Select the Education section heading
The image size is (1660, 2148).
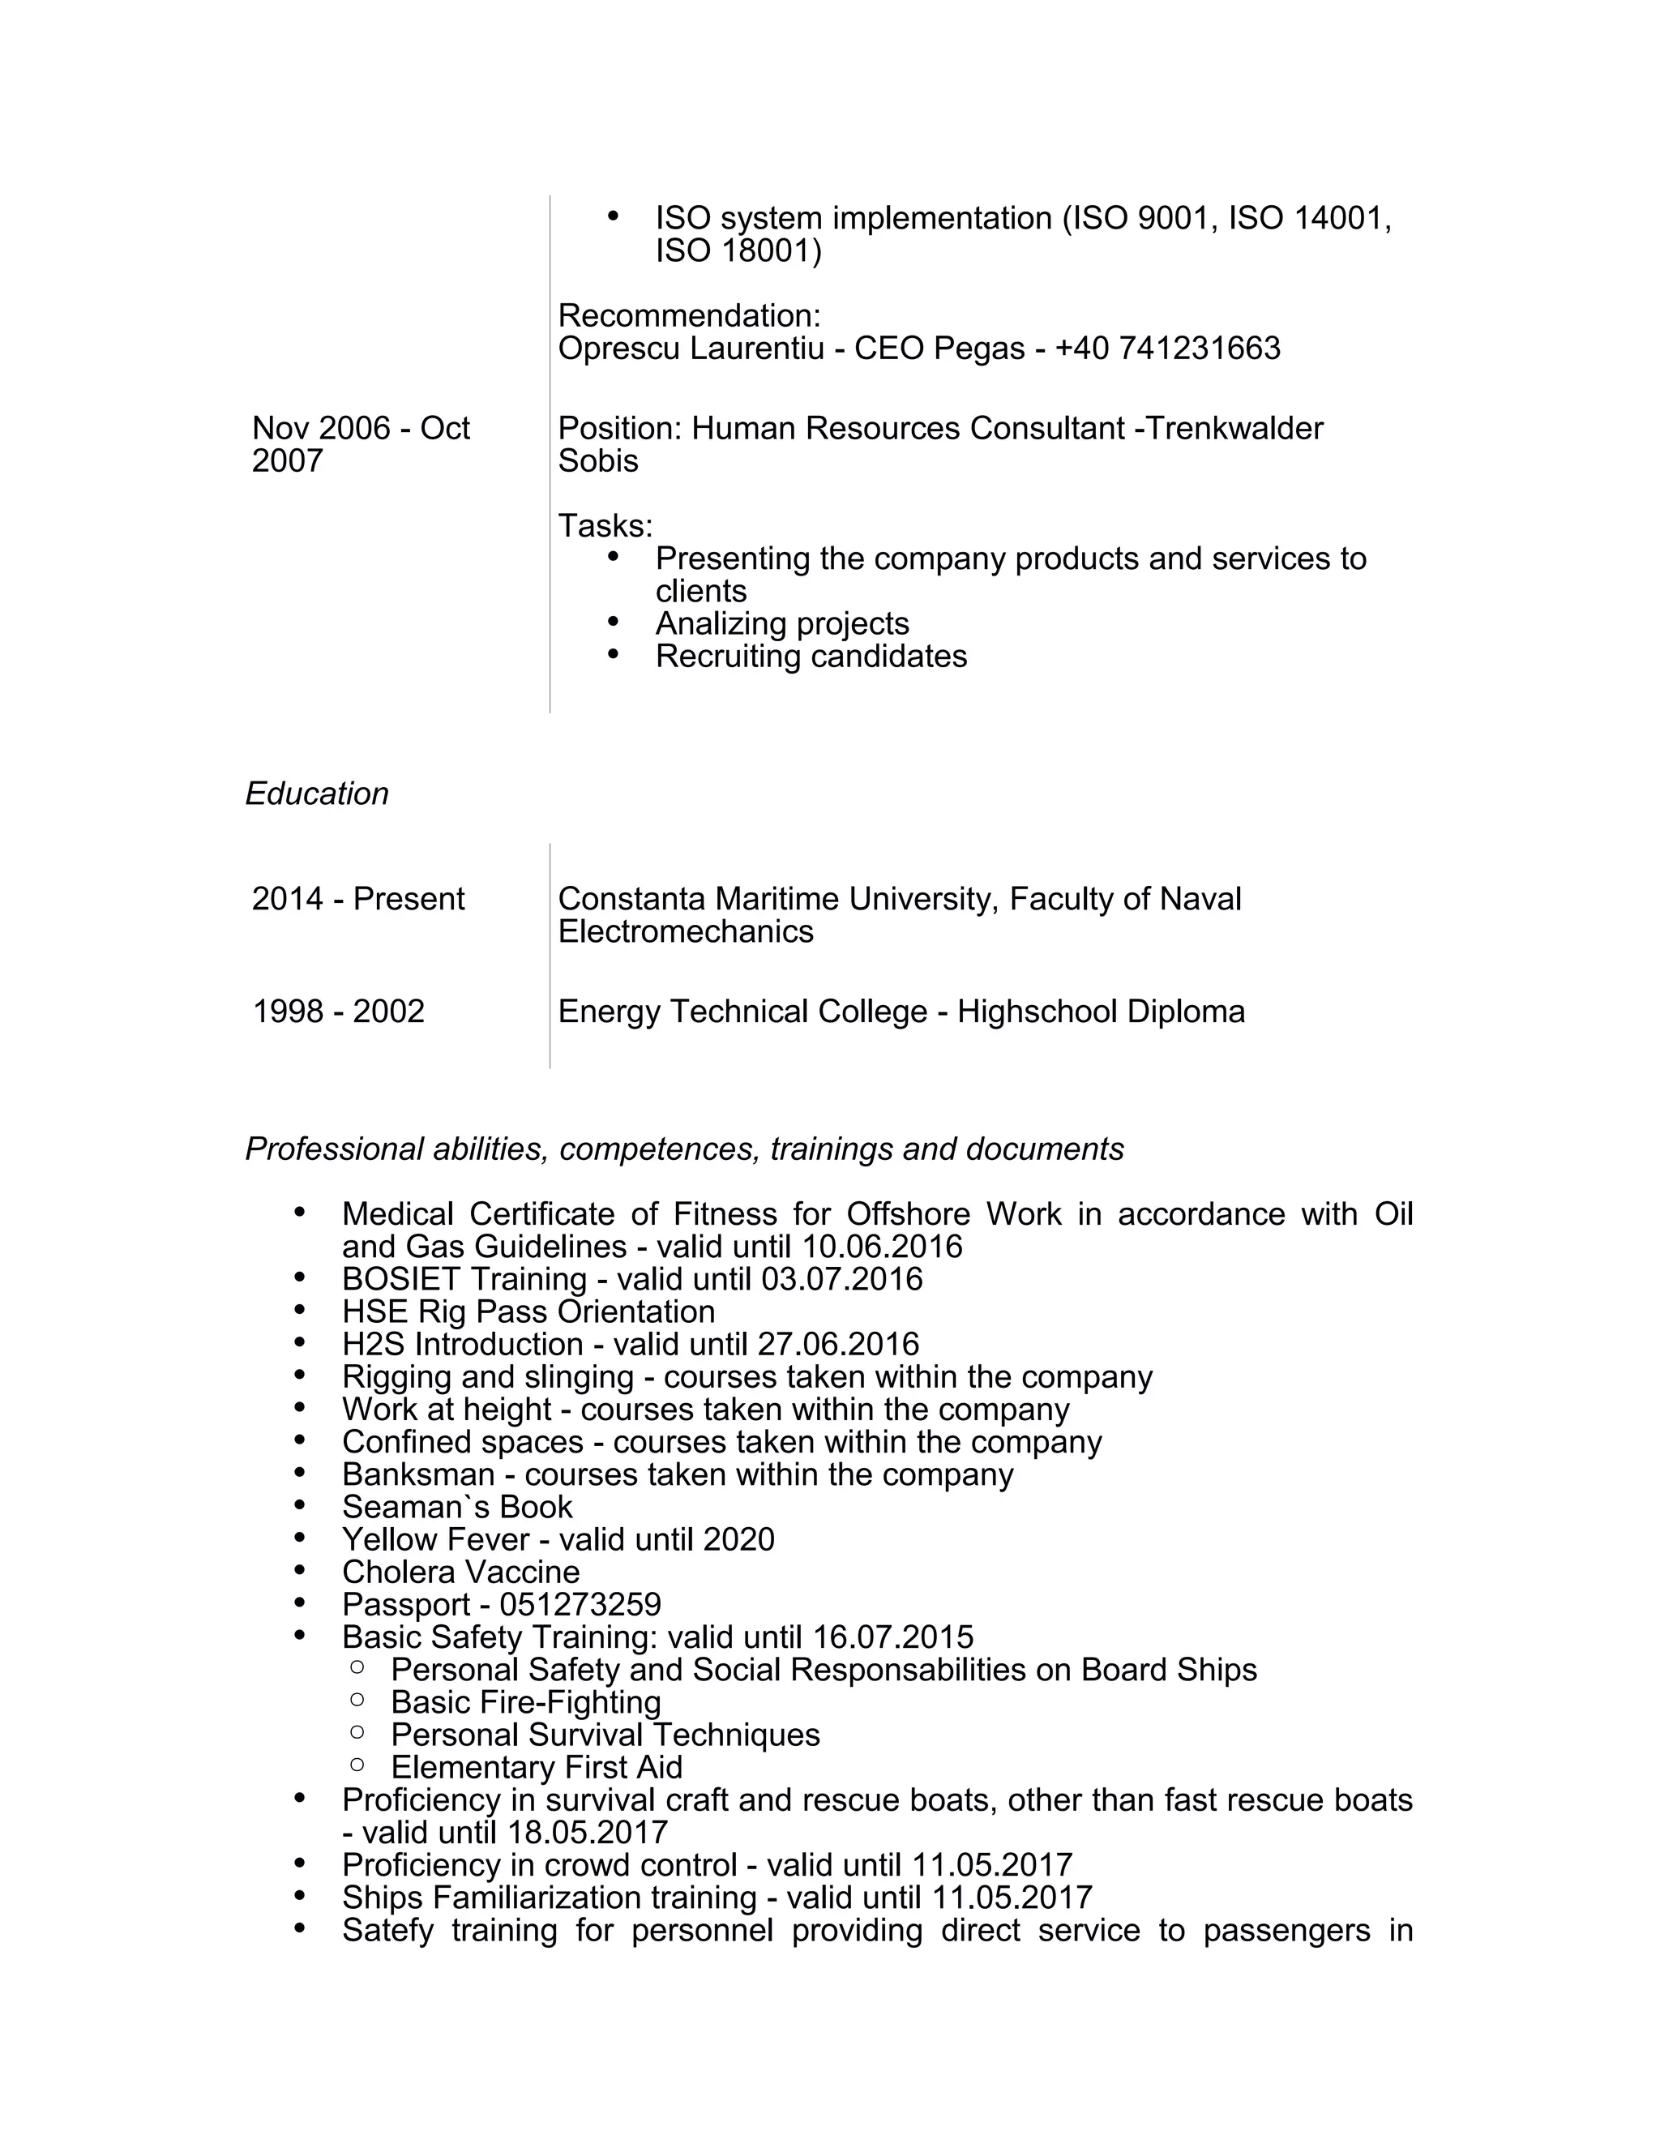tap(317, 794)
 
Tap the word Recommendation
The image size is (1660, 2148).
tap(687, 315)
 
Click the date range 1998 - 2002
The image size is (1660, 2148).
tap(338, 1011)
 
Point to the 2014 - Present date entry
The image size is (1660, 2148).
tap(358, 898)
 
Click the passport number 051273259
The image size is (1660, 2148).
tap(580, 1604)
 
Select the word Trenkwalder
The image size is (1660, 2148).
tap(1235, 428)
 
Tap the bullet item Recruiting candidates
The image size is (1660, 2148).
tap(811, 656)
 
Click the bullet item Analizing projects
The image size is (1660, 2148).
tap(782, 623)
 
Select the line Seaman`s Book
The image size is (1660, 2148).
tap(456, 1507)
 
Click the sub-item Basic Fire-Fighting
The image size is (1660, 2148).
tap(525, 1701)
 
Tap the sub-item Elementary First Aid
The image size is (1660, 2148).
tap(536, 1766)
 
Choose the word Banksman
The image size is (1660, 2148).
tap(418, 1474)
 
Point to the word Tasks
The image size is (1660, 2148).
tap(602, 526)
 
